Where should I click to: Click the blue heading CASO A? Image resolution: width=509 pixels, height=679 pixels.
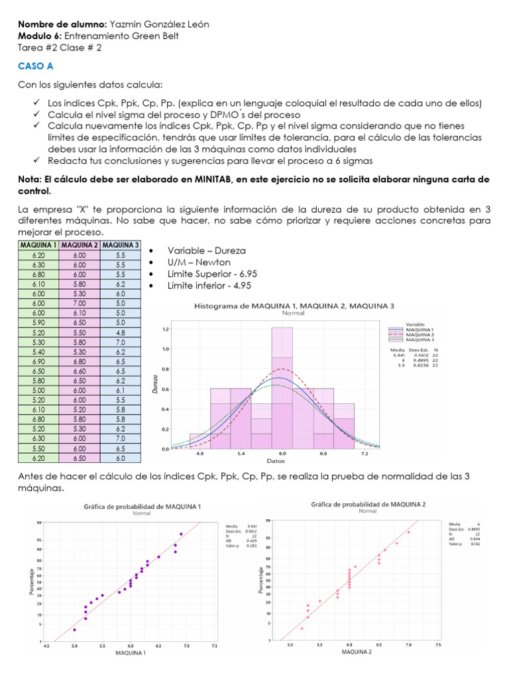click(35, 67)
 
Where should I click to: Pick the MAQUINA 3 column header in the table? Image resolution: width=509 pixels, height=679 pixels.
click(120, 245)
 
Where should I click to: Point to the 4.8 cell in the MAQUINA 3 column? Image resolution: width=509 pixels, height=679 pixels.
click(120, 333)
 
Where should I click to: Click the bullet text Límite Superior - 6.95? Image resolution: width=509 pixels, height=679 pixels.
click(213, 274)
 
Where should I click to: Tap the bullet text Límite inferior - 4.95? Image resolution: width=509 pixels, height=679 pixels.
click(209, 286)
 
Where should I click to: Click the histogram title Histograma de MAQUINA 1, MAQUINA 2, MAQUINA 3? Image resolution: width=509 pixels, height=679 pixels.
click(294, 306)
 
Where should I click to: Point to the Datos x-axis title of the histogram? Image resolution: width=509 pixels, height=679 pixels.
click(276, 460)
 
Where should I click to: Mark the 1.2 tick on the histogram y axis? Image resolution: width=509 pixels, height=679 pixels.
click(166, 329)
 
